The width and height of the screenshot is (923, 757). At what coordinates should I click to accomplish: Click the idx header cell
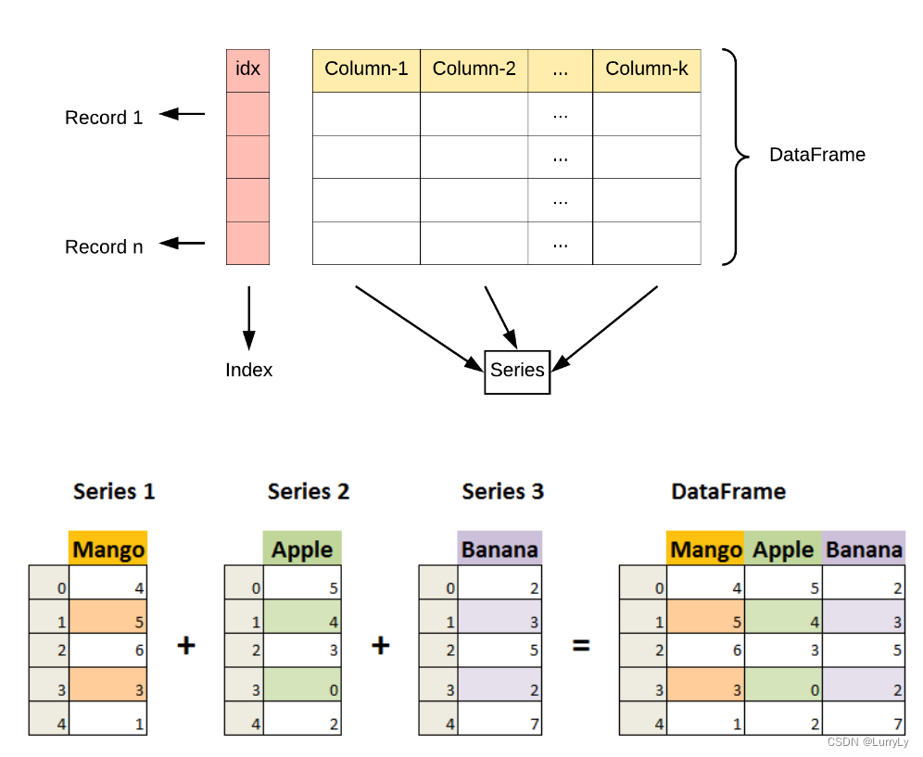coord(247,70)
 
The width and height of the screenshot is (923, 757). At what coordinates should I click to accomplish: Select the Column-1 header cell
coord(366,70)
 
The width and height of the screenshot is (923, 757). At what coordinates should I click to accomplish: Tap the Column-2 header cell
coord(474,70)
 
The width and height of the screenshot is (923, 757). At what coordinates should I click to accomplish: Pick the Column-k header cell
coord(646,70)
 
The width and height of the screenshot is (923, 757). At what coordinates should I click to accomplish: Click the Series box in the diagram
coord(517,371)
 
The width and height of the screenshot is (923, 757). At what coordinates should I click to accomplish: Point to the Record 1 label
coord(104,118)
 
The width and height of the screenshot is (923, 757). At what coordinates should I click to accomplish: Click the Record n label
coord(104,246)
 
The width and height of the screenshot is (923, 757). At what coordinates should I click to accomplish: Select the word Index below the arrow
coord(248,370)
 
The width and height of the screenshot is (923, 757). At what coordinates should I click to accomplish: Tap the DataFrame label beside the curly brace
coord(816,155)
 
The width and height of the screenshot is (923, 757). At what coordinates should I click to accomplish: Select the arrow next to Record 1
coord(183,114)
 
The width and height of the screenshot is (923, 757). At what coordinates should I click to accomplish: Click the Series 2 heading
coord(308,491)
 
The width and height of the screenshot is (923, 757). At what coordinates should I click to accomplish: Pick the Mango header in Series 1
coord(108,549)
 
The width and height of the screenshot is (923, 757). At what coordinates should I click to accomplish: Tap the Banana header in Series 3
coord(499,549)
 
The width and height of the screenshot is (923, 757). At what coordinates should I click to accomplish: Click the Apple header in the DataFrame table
coord(783,549)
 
